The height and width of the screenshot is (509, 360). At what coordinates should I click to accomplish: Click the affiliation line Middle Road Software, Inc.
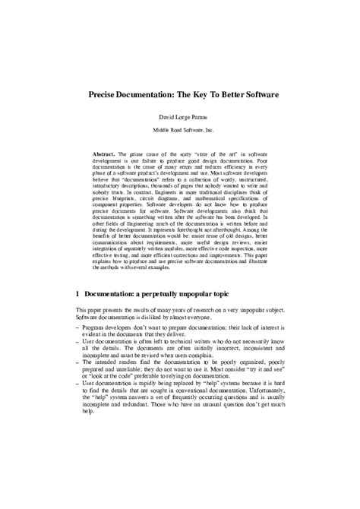180,130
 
